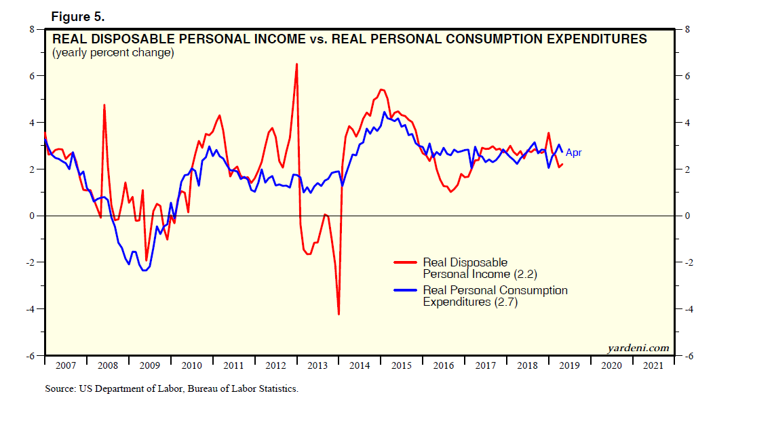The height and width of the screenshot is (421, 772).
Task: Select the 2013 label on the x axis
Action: coord(317,365)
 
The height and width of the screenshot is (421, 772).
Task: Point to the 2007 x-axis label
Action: coord(66,365)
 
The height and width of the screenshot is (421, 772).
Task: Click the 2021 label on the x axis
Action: coord(653,365)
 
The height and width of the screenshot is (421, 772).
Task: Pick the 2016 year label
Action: coord(444,365)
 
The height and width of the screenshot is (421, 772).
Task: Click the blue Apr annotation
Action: coord(573,153)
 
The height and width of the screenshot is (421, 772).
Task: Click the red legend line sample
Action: coord(406,262)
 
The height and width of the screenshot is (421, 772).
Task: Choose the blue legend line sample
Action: coord(406,290)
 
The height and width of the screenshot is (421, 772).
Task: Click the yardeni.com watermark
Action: coord(639,348)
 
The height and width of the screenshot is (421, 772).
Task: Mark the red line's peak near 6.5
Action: coord(296,64)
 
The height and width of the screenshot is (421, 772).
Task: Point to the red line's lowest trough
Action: coord(339,314)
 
